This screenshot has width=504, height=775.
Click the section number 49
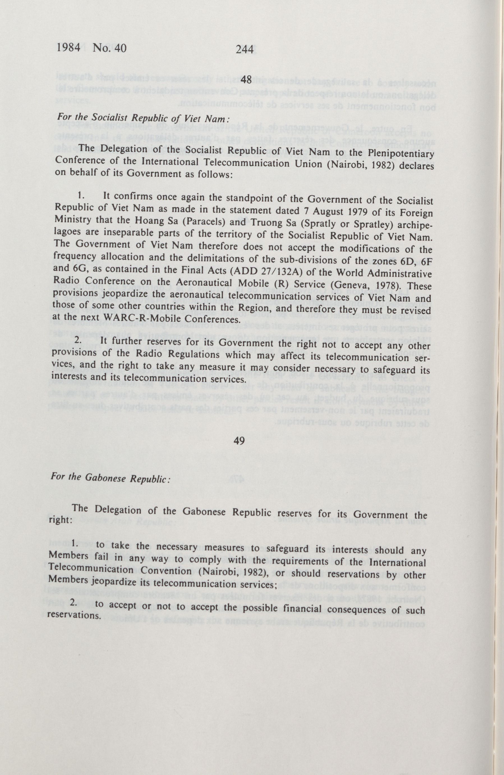(239, 440)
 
